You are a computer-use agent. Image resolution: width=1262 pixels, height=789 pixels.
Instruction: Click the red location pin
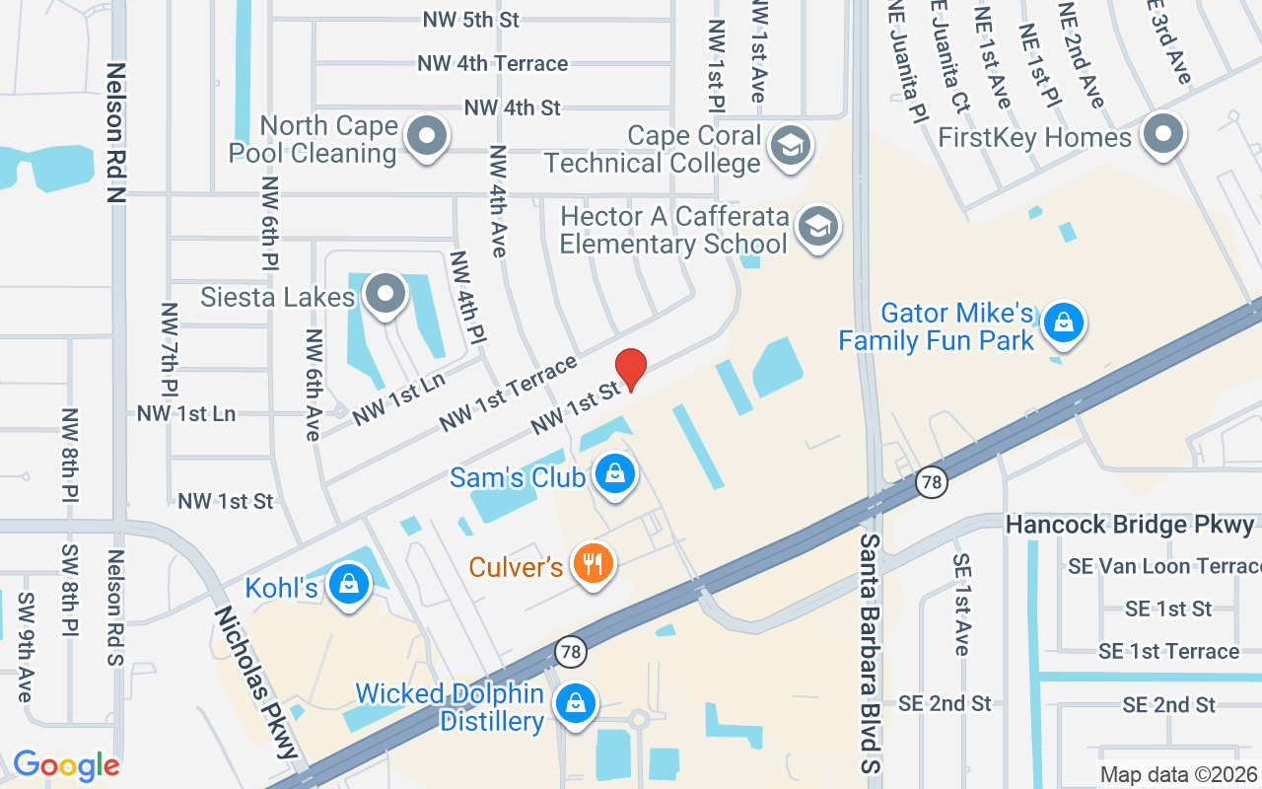[630, 369]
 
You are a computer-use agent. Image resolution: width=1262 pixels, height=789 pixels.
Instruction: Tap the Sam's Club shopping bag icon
[615, 474]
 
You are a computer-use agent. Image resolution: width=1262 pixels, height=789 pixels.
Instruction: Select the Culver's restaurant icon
[593, 564]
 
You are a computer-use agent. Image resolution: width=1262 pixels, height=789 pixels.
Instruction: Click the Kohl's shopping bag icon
[348, 583]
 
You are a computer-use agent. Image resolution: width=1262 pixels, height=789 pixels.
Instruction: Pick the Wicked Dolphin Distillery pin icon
[576, 704]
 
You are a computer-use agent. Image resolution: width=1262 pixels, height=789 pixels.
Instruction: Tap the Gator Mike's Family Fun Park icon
[1064, 323]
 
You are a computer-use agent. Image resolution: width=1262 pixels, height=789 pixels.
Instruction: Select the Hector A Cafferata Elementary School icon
[817, 227]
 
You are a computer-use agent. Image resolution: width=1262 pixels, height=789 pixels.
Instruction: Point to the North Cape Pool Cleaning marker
[428, 136]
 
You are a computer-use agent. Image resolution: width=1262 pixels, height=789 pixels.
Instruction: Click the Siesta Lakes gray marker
[385, 294]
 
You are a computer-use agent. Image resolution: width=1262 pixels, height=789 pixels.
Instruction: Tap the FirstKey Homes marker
[1164, 134]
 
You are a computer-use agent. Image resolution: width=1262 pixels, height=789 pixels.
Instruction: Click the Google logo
[66, 765]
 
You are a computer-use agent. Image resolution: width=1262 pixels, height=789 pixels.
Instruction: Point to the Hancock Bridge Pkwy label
[1130, 525]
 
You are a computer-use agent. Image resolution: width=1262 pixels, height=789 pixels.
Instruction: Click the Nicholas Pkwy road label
[256, 681]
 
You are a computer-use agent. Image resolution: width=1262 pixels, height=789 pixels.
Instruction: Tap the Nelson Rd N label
[117, 133]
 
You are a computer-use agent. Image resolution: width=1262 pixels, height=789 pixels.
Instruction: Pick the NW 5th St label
[470, 20]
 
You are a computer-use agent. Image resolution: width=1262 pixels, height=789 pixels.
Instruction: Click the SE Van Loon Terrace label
[1163, 566]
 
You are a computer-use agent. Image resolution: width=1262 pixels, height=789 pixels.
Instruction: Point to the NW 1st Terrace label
[508, 394]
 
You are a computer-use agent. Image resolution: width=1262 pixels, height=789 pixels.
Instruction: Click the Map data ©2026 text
[1179, 775]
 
